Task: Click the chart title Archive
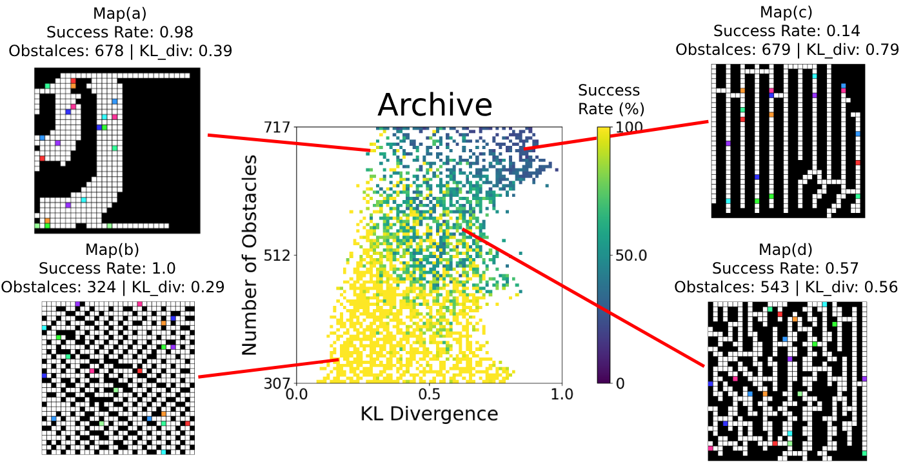(435, 105)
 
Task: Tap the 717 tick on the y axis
(278, 127)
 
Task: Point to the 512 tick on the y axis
(278, 255)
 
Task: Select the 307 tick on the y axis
(278, 383)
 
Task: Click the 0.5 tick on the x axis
(428, 393)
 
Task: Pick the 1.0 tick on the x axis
(561, 393)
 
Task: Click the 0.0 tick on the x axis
(296, 393)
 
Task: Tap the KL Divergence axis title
(428, 414)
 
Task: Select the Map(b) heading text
(112, 249)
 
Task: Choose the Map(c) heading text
(786, 12)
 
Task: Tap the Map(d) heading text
(786, 249)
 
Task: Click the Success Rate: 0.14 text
(786, 30)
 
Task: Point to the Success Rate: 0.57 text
(786, 267)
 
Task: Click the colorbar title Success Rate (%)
(609, 99)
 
